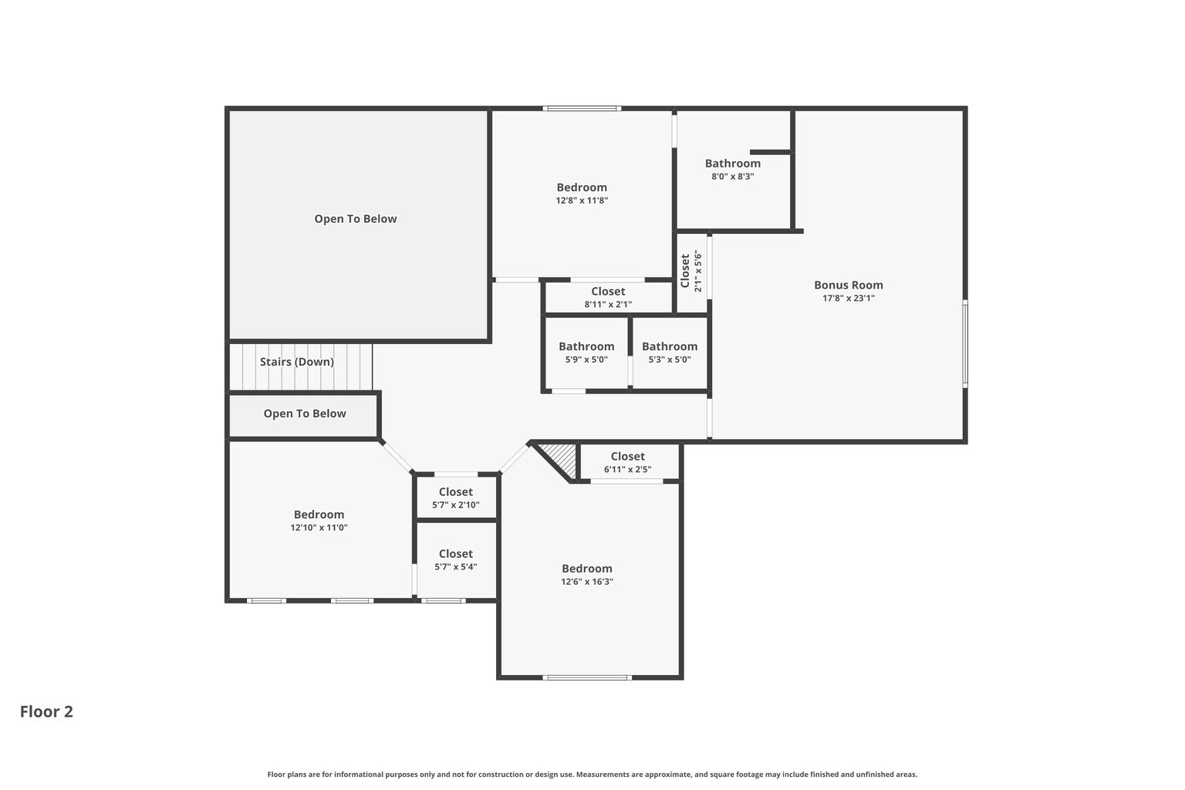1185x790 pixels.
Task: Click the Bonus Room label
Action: pyautogui.click(x=848, y=285)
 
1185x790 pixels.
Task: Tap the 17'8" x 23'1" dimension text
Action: pyautogui.click(x=848, y=299)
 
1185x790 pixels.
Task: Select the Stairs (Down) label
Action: pyautogui.click(x=296, y=362)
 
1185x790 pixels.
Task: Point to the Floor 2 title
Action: pyautogui.click(x=46, y=711)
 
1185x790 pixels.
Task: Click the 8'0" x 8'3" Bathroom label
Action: pyautogui.click(x=732, y=164)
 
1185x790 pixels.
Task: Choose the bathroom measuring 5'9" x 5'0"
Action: pyautogui.click(x=586, y=352)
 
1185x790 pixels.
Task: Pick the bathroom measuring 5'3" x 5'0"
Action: pyautogui.click(x=669, y=352)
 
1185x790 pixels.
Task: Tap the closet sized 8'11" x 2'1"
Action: pyautogui.click(x=608, y=297)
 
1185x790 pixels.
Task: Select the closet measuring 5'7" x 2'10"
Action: pyautogui.click(x=455, y=498)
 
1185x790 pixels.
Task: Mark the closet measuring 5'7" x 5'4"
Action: pyautogui.click(x=455, y=559)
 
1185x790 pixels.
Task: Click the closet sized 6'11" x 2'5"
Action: pyautogui.click(x=627, y=461)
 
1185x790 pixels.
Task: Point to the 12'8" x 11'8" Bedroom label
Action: pyautogui.click(x=582, y=187)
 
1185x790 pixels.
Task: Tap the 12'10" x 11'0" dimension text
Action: pyautogui.click(x=319, y=528)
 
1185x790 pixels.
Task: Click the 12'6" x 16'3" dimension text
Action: pyautogui.click(x=586, y=582)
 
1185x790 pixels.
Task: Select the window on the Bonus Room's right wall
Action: pyautogui.click(x=964, y=343)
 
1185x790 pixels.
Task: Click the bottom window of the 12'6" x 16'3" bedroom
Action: pyautogui.click(x=587, y=677)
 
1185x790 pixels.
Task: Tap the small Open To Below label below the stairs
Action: pyautogui.click(x=305, y=414)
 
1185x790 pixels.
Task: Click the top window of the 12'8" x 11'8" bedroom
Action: pyautogui.click(x=582, y=109)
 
